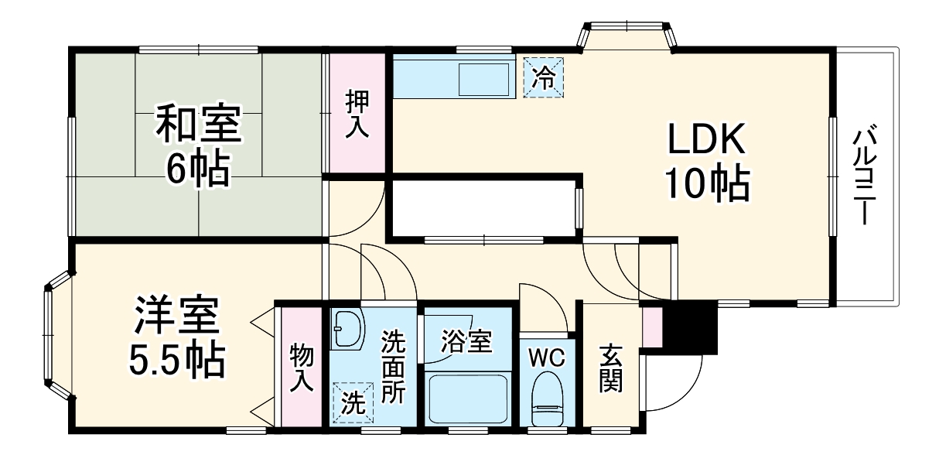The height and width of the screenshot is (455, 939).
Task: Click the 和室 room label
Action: pyautogui.click(x=198, y=125)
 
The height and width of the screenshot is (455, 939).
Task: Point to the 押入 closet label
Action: pyautogui.click(x=357, y=115)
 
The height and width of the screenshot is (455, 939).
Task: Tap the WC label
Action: pyautogui.click(x=547, y=357)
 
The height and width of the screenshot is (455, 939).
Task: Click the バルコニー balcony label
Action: pyautogui.click(x=865, y=176)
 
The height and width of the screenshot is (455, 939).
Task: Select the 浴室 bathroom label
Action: pyautogui.click(x=466, y=340)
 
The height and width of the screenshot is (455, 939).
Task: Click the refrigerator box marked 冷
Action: pyautogui.click(x=545, y=77)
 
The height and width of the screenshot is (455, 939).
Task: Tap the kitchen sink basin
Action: pyautogui.click(x=483, y=77)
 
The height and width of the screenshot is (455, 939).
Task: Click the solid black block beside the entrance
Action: pyautogui.click(x=691, y=325)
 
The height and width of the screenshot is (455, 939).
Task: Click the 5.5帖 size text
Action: pyautogui.click(x=176, y=358)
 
